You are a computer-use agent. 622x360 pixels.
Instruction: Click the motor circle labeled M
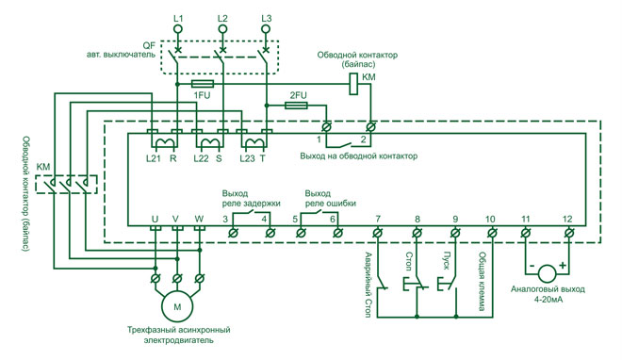174,305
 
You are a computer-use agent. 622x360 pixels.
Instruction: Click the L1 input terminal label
180,18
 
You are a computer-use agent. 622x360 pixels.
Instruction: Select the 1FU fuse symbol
201,83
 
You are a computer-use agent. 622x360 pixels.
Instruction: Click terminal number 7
377,219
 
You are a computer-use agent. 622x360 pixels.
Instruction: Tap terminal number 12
566,219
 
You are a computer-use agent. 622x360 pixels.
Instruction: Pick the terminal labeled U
155,219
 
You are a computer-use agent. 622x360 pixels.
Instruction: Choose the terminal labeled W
198,219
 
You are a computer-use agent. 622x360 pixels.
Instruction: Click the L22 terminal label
200,158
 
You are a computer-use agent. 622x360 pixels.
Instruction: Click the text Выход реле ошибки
320,197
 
